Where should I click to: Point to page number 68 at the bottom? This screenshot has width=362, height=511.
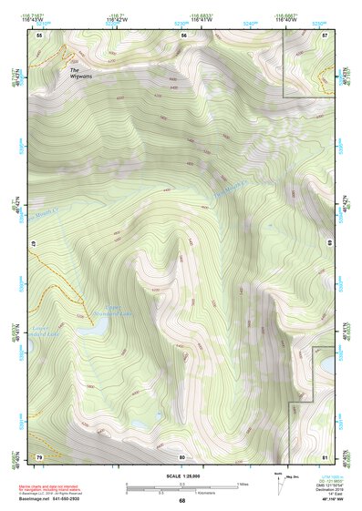click(181, 500)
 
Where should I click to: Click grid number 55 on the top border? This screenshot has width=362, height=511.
click(39, 36)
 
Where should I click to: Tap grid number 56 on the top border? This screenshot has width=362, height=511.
click(183, 36)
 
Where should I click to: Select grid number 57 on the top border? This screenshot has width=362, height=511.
click(326, 36)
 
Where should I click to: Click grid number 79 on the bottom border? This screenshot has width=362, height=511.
click(39, 455)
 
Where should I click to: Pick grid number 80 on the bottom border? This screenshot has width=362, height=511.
click(182, 455)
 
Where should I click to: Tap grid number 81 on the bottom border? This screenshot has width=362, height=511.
click(326, 455)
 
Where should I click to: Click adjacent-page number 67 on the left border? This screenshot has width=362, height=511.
click(32, 243)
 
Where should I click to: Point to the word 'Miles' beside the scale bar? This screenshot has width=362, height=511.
click(243, 484)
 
